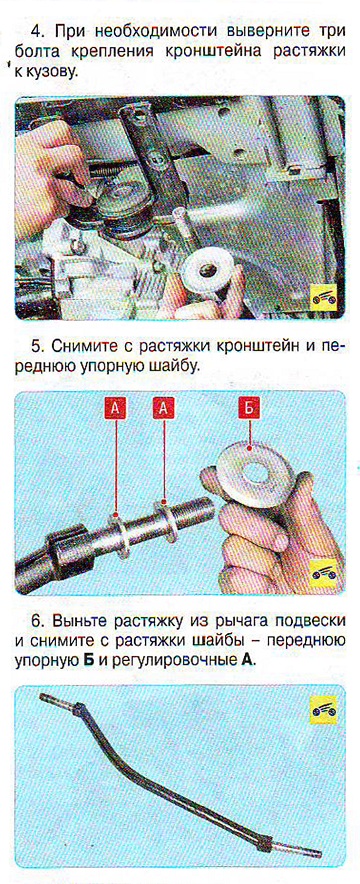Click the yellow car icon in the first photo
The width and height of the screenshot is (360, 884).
323,296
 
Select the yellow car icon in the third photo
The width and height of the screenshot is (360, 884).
323,711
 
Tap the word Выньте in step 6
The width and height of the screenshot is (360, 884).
79,622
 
